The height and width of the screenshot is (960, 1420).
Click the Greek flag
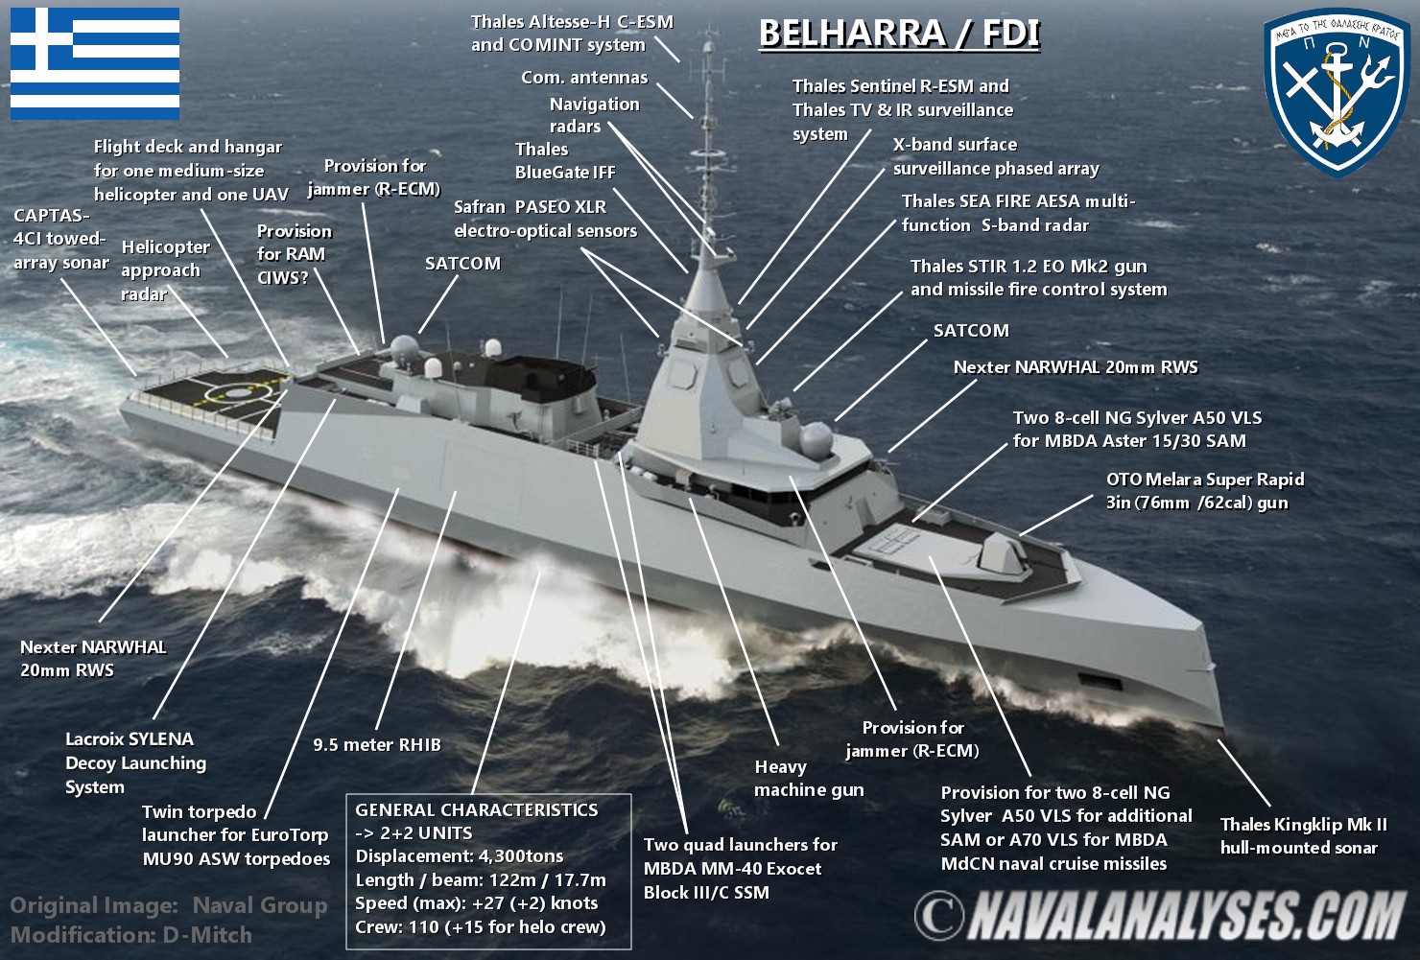95,63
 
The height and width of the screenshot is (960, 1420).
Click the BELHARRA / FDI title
899,34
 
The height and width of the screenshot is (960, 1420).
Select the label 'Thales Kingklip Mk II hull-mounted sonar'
1303,836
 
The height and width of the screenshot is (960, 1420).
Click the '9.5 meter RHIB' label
377,745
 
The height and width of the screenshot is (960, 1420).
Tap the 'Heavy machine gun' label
808,778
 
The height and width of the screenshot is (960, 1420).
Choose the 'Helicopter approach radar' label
165,270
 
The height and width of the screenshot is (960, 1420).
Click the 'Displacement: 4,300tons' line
459,856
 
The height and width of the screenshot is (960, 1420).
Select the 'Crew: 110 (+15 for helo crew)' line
480,927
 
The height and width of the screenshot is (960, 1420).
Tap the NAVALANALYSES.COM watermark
1161,916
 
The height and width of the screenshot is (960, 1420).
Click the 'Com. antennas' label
584,78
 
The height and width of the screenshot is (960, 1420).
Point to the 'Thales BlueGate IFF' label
565,161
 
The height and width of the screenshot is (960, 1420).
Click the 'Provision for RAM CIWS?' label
294,254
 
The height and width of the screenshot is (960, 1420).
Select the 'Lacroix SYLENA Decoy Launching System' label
135,763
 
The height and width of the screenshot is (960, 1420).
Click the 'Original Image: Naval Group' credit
169,905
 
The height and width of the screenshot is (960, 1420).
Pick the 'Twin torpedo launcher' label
235,835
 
